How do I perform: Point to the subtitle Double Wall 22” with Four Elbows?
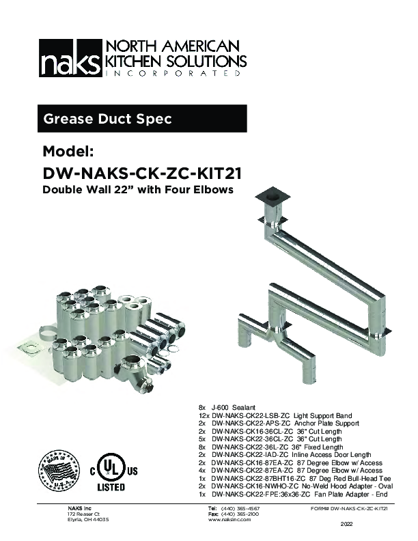(x=138, y=189)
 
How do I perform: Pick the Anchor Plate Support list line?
(x=280, y=424)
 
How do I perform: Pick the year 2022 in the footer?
(x=348, y=525)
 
